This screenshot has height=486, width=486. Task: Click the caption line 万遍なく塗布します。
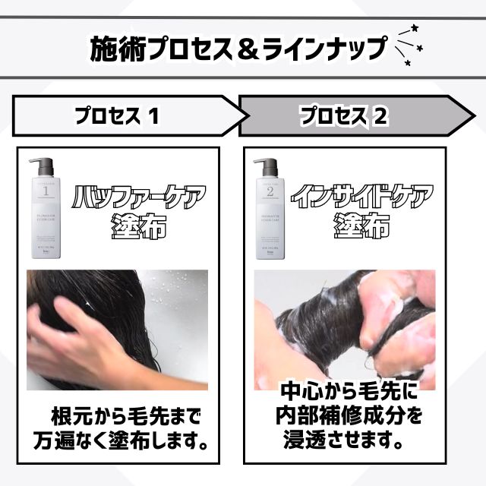(121, 440)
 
